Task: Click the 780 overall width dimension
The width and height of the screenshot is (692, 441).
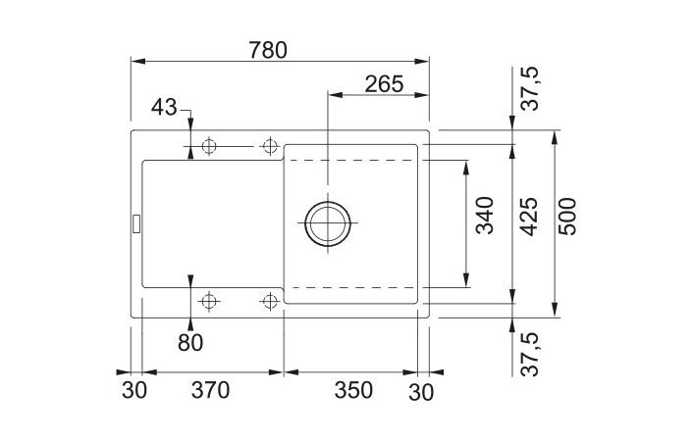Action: pyautogui.click(x=268, y=50)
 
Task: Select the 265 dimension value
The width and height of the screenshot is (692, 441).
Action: pyautogui.click(x=384, y=84)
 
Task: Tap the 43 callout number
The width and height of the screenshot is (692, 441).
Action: pyautogui.click(x=164, y=107)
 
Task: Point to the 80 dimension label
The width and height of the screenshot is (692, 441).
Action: pyautogui.click(x=190, y=342)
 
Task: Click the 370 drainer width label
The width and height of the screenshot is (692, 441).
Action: pyautogui.click(x=210, y=390)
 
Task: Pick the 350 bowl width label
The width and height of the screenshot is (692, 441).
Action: pyautogui.click(x=353, y=390)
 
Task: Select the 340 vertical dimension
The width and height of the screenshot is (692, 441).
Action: pyautogui.click(x=485, y=216)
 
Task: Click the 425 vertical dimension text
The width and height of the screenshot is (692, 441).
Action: pyautogui.click(x=528, y=217)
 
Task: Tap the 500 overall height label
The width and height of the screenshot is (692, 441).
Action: pyautogui.click(x=567, y=217)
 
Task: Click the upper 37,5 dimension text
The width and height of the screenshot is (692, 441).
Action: pyautogui.click(x=530, y=88)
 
